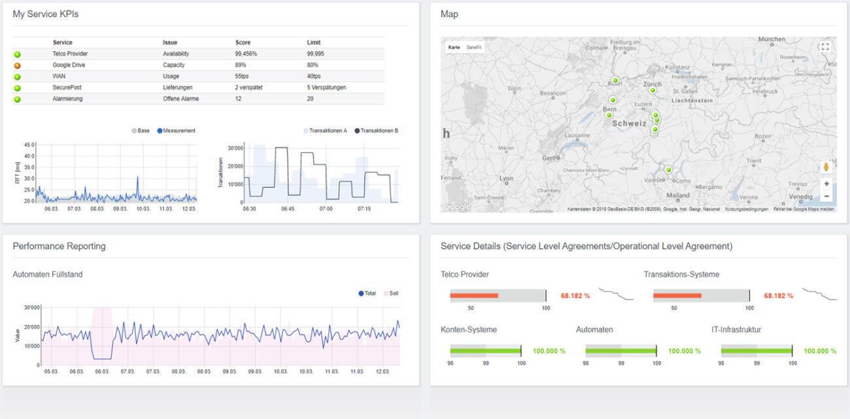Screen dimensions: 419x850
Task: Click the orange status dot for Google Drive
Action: [17, 65]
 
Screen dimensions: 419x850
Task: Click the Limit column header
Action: [314, 42]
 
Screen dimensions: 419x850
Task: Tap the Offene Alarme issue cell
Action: [180, 99]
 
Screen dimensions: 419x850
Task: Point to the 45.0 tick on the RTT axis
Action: [29, 145]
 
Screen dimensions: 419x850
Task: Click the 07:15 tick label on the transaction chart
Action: [364, 209]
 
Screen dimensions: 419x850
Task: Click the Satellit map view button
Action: [474, 48]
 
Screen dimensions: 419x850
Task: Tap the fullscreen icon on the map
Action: [824, 46]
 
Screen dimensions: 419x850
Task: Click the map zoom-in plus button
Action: [826, 184]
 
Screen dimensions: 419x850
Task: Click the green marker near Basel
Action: [615, 80]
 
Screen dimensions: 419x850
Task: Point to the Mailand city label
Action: [677, 195]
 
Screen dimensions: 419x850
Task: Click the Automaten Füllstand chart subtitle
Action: [48, 275]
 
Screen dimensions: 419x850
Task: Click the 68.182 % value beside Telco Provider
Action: [575, 296]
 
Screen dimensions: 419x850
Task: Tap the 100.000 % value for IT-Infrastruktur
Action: [820, 351]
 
